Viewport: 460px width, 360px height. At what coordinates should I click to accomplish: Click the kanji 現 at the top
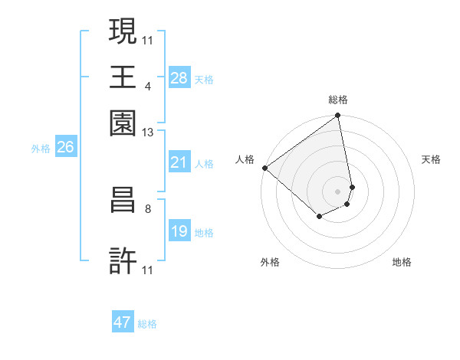click(x=123, y=31)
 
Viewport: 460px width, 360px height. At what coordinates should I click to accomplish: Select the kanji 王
click(x=123, y=77)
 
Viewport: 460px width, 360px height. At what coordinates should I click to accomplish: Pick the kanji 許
click(x=123, y=262)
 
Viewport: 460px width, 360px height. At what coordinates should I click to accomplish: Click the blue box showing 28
click(x=179, y=78)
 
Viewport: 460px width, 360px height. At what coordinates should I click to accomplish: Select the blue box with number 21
click(x=179, y=162)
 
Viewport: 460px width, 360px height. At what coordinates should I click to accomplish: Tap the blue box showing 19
click(x=179, y=231)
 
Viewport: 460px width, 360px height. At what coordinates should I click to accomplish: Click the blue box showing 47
click(x=123, y=322)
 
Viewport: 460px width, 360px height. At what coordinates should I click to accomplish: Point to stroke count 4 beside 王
click(x=147, y=86)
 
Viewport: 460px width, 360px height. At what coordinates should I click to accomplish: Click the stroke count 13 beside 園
click(x=147, y=133)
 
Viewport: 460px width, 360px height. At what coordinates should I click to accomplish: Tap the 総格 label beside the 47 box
click(x=147, y=324)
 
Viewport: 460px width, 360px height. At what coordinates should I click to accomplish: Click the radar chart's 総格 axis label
click(x=337, y=100)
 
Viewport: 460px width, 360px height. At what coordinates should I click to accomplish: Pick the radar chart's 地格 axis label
click(x=402, y=262)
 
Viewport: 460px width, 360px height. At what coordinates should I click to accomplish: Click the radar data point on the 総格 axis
click(x=337, y=116)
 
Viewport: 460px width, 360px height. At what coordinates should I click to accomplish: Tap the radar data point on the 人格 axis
click(x=264, y=168)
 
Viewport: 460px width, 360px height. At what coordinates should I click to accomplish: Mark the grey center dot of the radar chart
click(x=337, y=191)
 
